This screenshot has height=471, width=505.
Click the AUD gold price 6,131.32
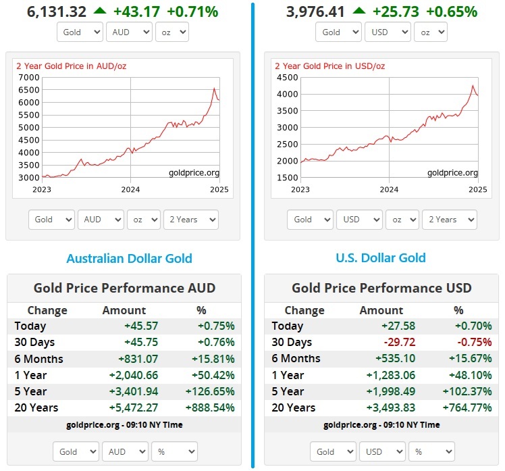pos(57,11)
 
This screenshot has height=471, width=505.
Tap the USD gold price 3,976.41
pos(315,11)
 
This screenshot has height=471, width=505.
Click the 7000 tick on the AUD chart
pos(29,77)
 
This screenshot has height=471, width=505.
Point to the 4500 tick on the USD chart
pos(287,77)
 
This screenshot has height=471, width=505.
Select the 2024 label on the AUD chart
pos(130,189)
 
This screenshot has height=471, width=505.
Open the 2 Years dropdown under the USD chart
pos(449,220)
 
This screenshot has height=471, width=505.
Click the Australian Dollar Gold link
pos(129,258)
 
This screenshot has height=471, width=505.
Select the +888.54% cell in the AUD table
pos(206,407)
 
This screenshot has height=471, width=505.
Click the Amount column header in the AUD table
pos(124,310)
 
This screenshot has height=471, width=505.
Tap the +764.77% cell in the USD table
pos(464,407)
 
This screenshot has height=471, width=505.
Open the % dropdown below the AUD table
pos(174,451)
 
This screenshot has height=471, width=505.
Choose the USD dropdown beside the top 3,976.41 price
pos(387,32)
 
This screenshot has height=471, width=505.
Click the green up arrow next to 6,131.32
pos(100,11)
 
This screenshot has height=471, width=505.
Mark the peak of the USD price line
pos(473,86)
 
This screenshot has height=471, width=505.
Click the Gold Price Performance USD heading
pos(381,288)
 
